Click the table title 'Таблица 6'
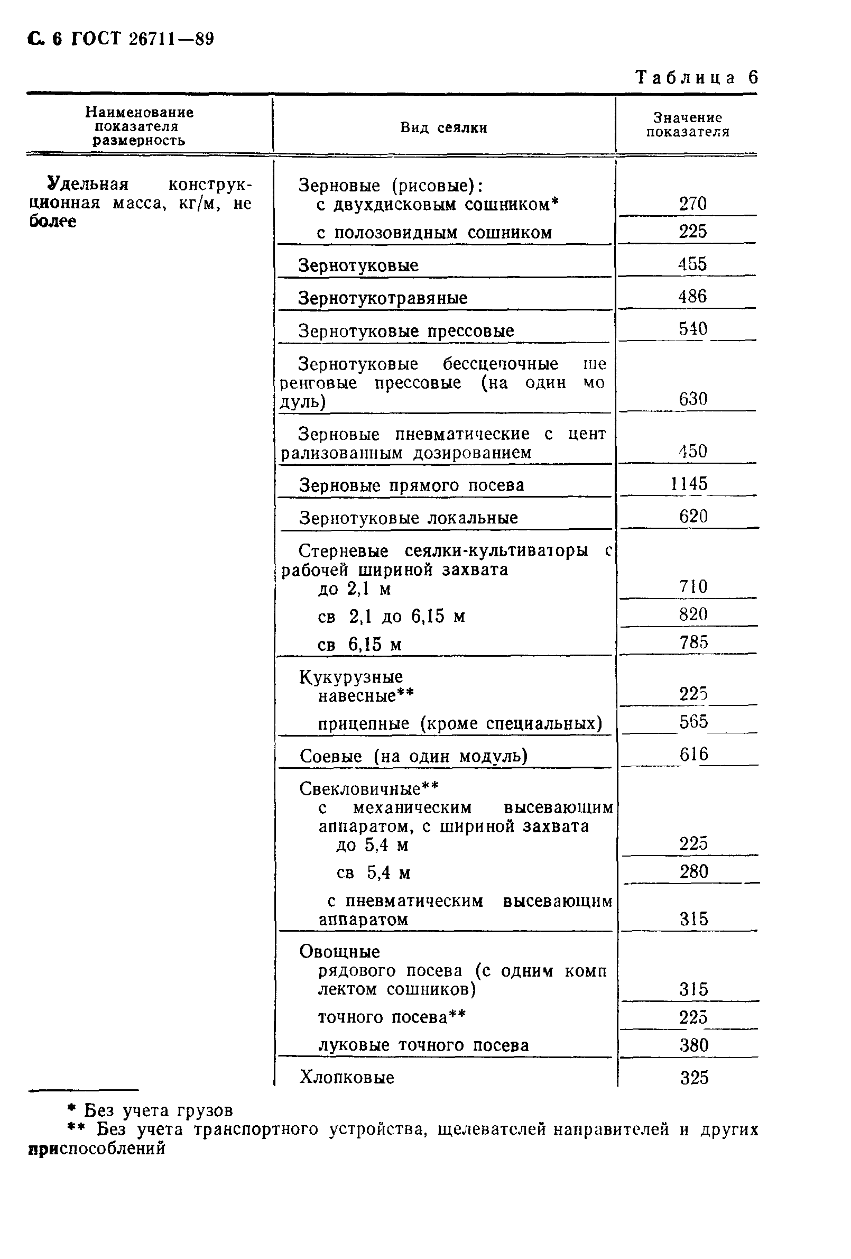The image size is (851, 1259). [x=697, y=78]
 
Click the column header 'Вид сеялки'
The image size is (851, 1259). [x=443, y=128]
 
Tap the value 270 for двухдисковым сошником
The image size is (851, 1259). [x=693, y=204]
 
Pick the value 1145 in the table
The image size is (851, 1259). [x=689, y=483]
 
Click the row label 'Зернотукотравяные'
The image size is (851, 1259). [x=383, y=298]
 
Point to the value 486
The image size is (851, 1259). [x=692, y=296]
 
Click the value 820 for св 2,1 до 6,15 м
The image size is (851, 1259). [x=693, y=614]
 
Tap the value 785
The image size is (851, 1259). [x=693, y=642]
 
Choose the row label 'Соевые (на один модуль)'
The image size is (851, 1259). [x=413, y=756]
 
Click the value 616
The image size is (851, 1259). [x=693, y=754]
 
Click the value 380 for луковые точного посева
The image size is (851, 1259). [x=694, y=1044]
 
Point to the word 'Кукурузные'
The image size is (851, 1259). [x=351, y=677]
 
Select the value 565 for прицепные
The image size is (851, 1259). [x=693, y=722]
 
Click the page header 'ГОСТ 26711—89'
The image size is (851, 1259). [x=143, y=39]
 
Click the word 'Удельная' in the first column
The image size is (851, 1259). [x=88, y=185]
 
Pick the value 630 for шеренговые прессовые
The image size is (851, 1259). [x=693, y=399]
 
